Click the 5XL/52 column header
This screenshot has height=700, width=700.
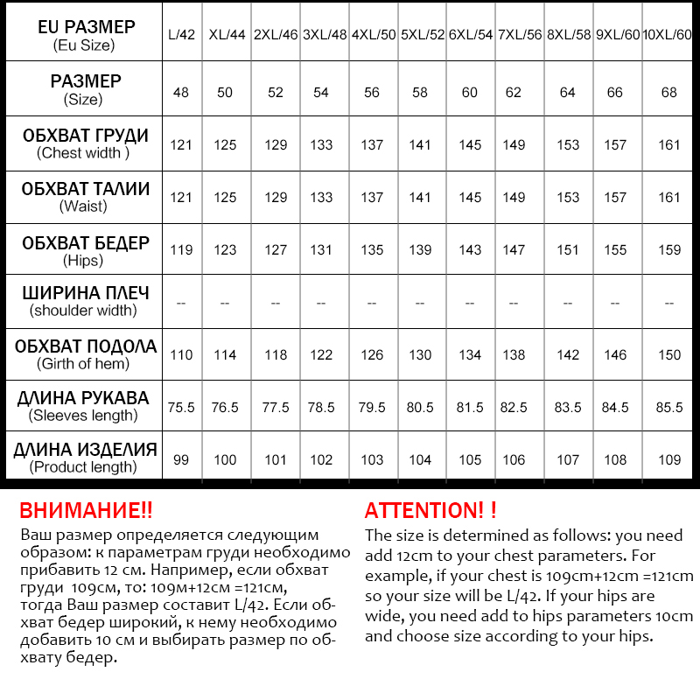pyautogui.click(x=421, y=36)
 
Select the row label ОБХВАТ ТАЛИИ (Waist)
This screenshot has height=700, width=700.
pyautogui.click(x=85, y=197)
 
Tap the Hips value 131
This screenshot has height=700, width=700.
pyautogui.click(x=321, y=250)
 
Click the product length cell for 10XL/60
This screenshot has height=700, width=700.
pyautogui.click(x=669, y=460)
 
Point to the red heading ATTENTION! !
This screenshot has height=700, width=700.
pyautogui.click(x=430, y=511)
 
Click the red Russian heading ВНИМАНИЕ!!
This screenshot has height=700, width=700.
pyautogui.click(x=86, y=511)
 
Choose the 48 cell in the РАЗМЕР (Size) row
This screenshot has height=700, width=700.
pyautogui.click(x=181, y=92)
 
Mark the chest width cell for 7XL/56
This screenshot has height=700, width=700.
pyautogui.click(x=514, y=144)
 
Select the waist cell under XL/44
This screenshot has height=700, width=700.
pyautogui.click(x=225, y=197)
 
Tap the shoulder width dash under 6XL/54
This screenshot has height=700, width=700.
pyautogui.click(x=470, y=303)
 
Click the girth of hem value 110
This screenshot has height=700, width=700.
pyautogui.click(x=181, y=355)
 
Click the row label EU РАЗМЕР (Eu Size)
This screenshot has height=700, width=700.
pyautogui.click(x=85, y=35)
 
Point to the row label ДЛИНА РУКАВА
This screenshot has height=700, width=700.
pyautogui.click(x=85, y=399)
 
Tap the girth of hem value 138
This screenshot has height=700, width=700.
pyautogui.click(x=514, y=355)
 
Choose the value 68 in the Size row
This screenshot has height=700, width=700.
pyautogui.click(x=669, y=92)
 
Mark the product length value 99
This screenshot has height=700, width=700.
pyautogui.click(x=181, y=460)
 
